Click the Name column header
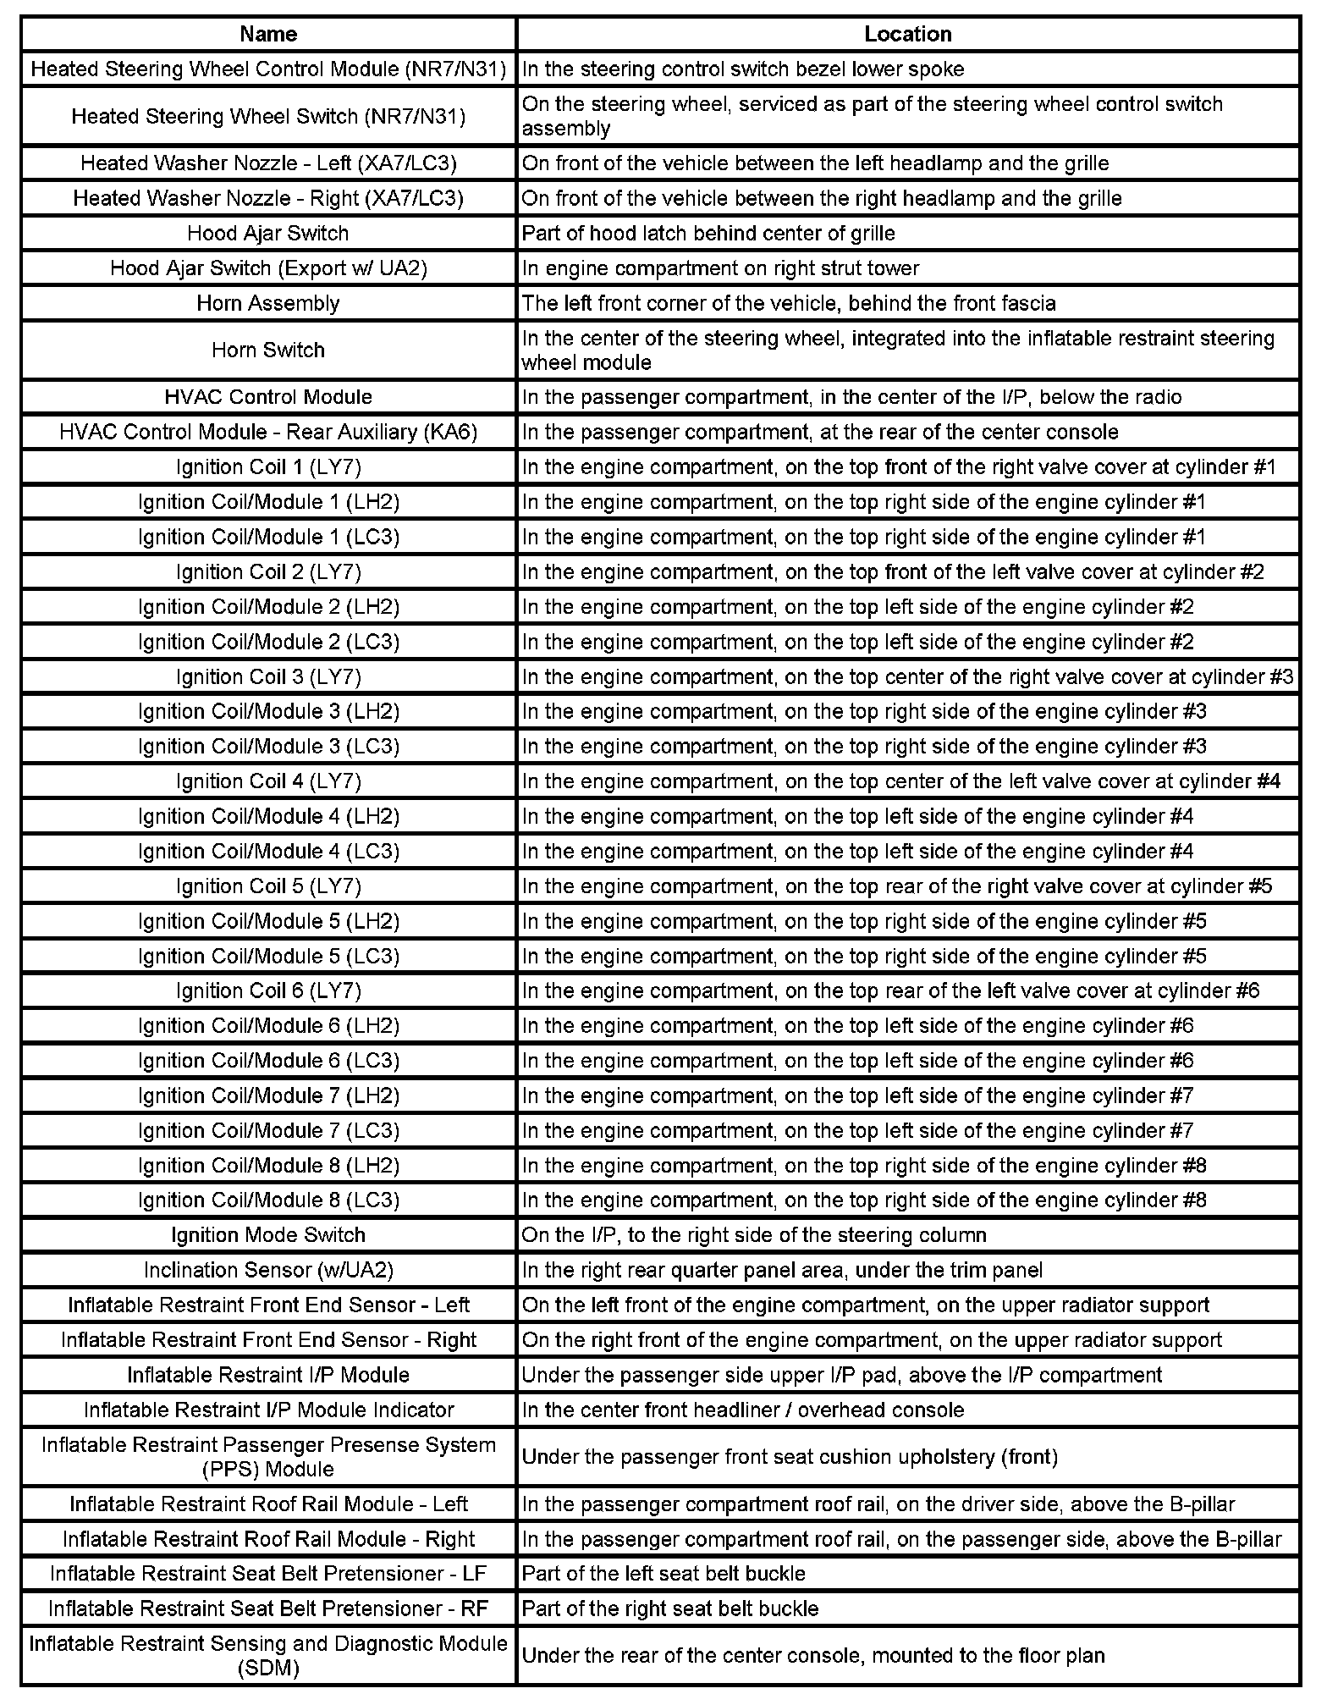click(268, 34)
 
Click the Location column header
click(907, 34)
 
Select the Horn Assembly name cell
click(268, 303)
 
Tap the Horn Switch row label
click(268, 350)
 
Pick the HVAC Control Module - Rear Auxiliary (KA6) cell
click(268, 432)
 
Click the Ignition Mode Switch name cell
click(268, 1235)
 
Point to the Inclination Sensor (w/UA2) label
click(268, 1270)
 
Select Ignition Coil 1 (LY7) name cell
click(268, 467)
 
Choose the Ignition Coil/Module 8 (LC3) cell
click(268, 1200)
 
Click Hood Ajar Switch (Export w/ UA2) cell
click(268, 268)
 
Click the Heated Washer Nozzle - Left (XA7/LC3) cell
click(268, 163)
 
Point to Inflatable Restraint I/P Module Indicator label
click(268, 1410)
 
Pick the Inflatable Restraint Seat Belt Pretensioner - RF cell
click(268, 1608)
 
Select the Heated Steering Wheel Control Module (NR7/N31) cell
click(268, 69)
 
